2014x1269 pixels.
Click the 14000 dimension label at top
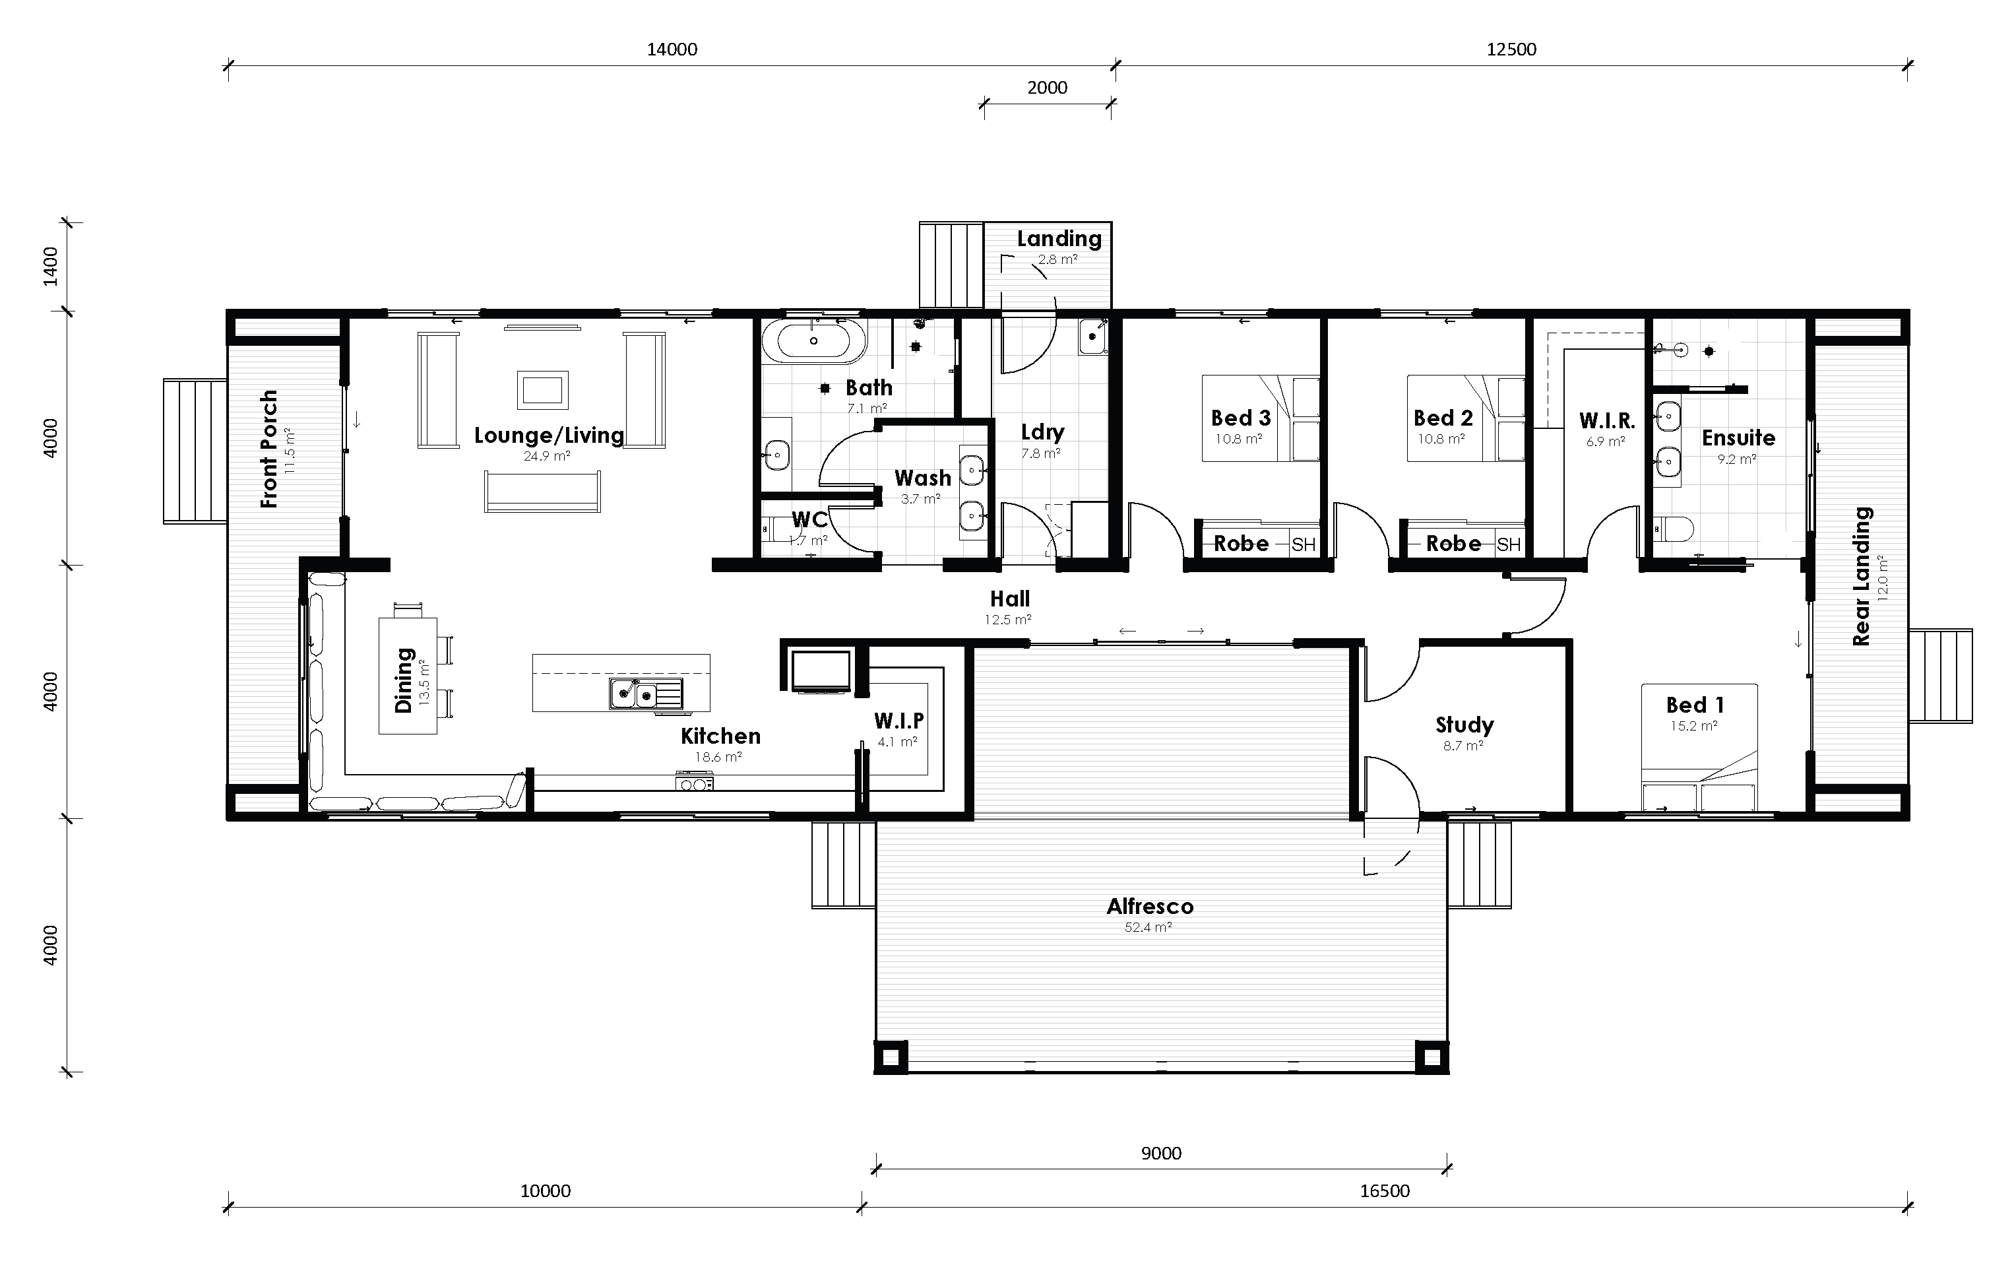pos(672,49)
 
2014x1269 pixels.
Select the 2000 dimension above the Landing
pos(1046,88)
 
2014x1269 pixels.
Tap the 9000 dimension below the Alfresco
pos(1161,1154)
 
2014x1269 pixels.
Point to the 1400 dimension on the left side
pos(51,266)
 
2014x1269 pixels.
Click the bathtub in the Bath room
pos(813,341)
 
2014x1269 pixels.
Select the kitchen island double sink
pos(634,694)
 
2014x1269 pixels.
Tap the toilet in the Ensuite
pos(1674,529)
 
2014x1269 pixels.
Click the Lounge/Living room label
pos(549,435)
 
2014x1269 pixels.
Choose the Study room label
pos(1464,725)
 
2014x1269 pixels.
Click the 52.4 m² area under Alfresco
pos(1148,928)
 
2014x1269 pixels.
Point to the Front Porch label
pos(268,449)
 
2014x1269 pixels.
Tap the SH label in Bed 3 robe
pos(1303,545)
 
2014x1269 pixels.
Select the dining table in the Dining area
pos(407,676)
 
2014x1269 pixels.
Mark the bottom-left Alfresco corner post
pos(891,1057)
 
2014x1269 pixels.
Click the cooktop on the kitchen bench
pos(694,784)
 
